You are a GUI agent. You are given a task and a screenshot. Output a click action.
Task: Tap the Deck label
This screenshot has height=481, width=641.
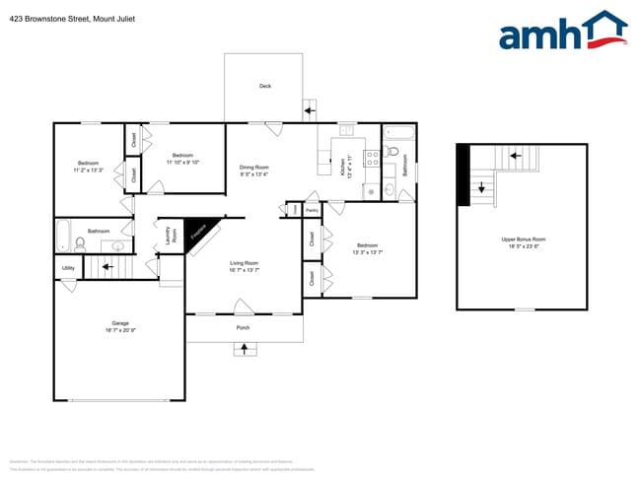264,86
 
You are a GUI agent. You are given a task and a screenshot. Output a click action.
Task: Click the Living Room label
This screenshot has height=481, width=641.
245,263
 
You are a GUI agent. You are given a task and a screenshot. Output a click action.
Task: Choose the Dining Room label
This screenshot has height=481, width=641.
254,168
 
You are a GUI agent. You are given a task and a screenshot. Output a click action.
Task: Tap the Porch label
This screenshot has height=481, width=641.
243,327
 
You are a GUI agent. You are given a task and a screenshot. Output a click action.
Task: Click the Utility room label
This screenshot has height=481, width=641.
68,268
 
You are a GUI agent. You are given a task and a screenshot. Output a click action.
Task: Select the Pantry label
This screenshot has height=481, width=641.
312,210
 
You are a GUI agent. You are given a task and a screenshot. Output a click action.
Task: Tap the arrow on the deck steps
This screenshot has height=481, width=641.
310,110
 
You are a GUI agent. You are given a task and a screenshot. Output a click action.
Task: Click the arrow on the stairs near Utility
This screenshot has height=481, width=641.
107,266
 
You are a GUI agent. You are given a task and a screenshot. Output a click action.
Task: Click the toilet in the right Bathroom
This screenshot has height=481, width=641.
392,154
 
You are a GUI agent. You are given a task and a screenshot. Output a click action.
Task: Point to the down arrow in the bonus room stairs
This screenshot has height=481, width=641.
481,186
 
